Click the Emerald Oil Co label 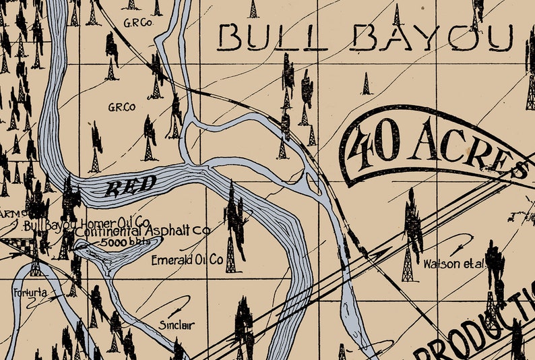[187, 260]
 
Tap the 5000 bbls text [119, 242]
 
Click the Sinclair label [177, 325]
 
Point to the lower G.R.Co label [121, 107]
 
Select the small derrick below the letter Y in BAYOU [366, 84]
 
